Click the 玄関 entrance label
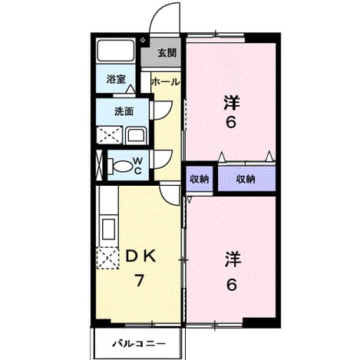pos(167,53)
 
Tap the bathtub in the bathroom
pos(116,50)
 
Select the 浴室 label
pos(116,79)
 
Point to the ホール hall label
pos(166,82)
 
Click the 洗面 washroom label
pos(124,111)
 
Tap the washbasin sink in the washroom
pos(136,136)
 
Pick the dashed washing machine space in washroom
pos(110,135)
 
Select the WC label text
pos(137,166)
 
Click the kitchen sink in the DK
pos(108,229)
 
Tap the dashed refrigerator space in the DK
pos(107,258)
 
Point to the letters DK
pos(140,256)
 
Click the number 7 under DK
pos(139,280)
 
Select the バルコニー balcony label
pos(140,343)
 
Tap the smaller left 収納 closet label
pos(200,180)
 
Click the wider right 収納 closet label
pos(246,180)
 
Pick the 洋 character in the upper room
pos(232,102)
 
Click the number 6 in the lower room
pos(231,285)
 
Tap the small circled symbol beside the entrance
pos(144,40)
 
